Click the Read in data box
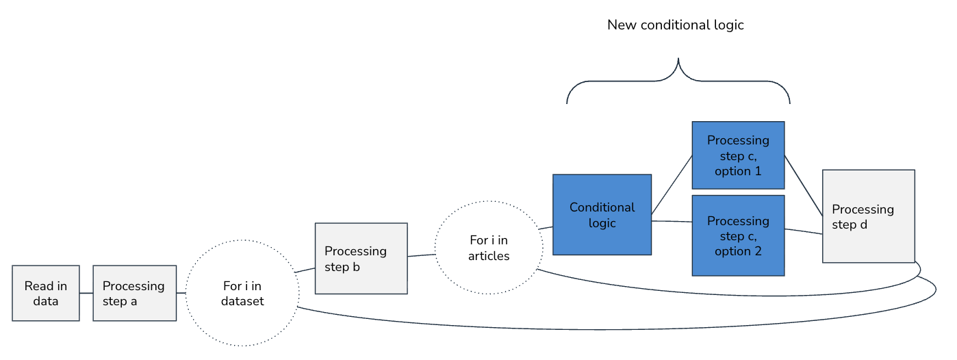[x=46, y=293]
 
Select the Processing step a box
[x=134, y=293]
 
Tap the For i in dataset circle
[x=242, y=294]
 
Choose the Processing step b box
[x=361, y=259]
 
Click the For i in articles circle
[x=488, y=248]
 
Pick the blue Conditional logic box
[x=602, y=215]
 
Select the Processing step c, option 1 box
[x=737, y=155]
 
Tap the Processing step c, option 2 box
[x=737, y=235]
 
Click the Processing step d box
[x=868, y=216]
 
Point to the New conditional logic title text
[x=675, y=25]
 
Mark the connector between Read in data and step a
[x=86, y=293]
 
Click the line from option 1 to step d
[x=803, y=186]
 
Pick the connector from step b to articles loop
[x=421, y=255]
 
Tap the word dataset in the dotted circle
[x=242, y=301]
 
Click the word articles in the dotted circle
[x=489, y=256]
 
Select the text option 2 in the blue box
[x=737, y=251]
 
